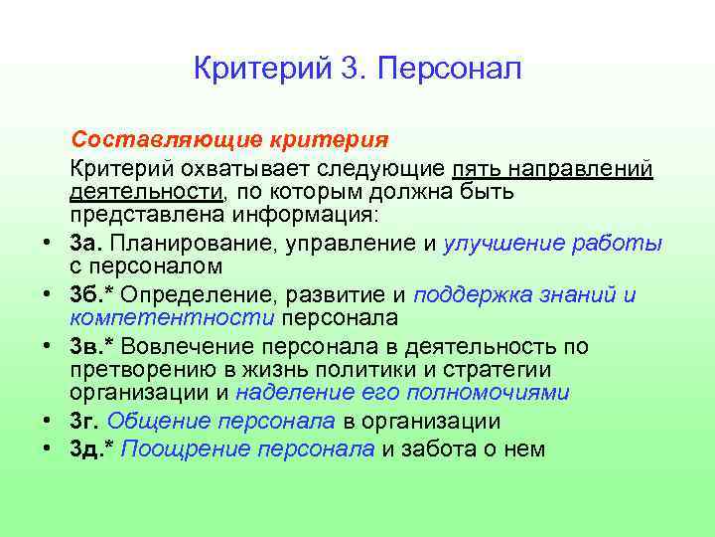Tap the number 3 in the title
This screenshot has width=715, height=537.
(x=347, y=70)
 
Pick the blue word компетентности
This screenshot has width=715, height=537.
(x=172, y=319)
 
